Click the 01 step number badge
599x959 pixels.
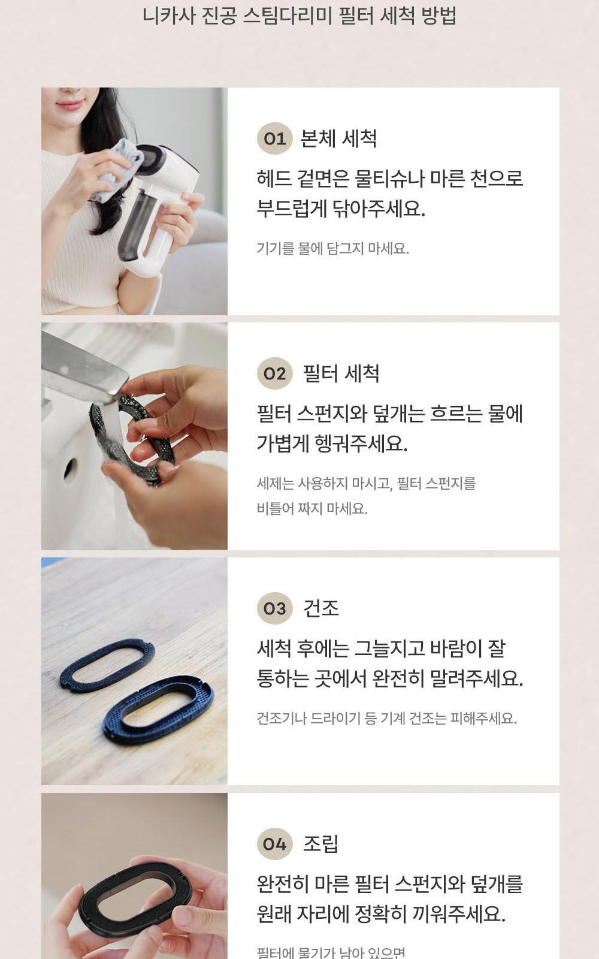(x=274, y=139)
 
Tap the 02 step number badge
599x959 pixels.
(x=274, y=374)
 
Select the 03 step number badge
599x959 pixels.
(x=274, y=609)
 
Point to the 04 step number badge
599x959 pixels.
(x=274, y=844)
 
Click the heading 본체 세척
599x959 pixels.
(x=338, y=139)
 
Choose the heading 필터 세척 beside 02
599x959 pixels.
(x=341, y=374)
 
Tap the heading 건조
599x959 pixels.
(x=321, y=608)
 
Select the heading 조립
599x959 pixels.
(x=321, y=844)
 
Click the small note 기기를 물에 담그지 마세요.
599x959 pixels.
(x=332, y=249)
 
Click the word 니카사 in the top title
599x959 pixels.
(x=162, y=16)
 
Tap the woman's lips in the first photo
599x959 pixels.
(x=71, y=105)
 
